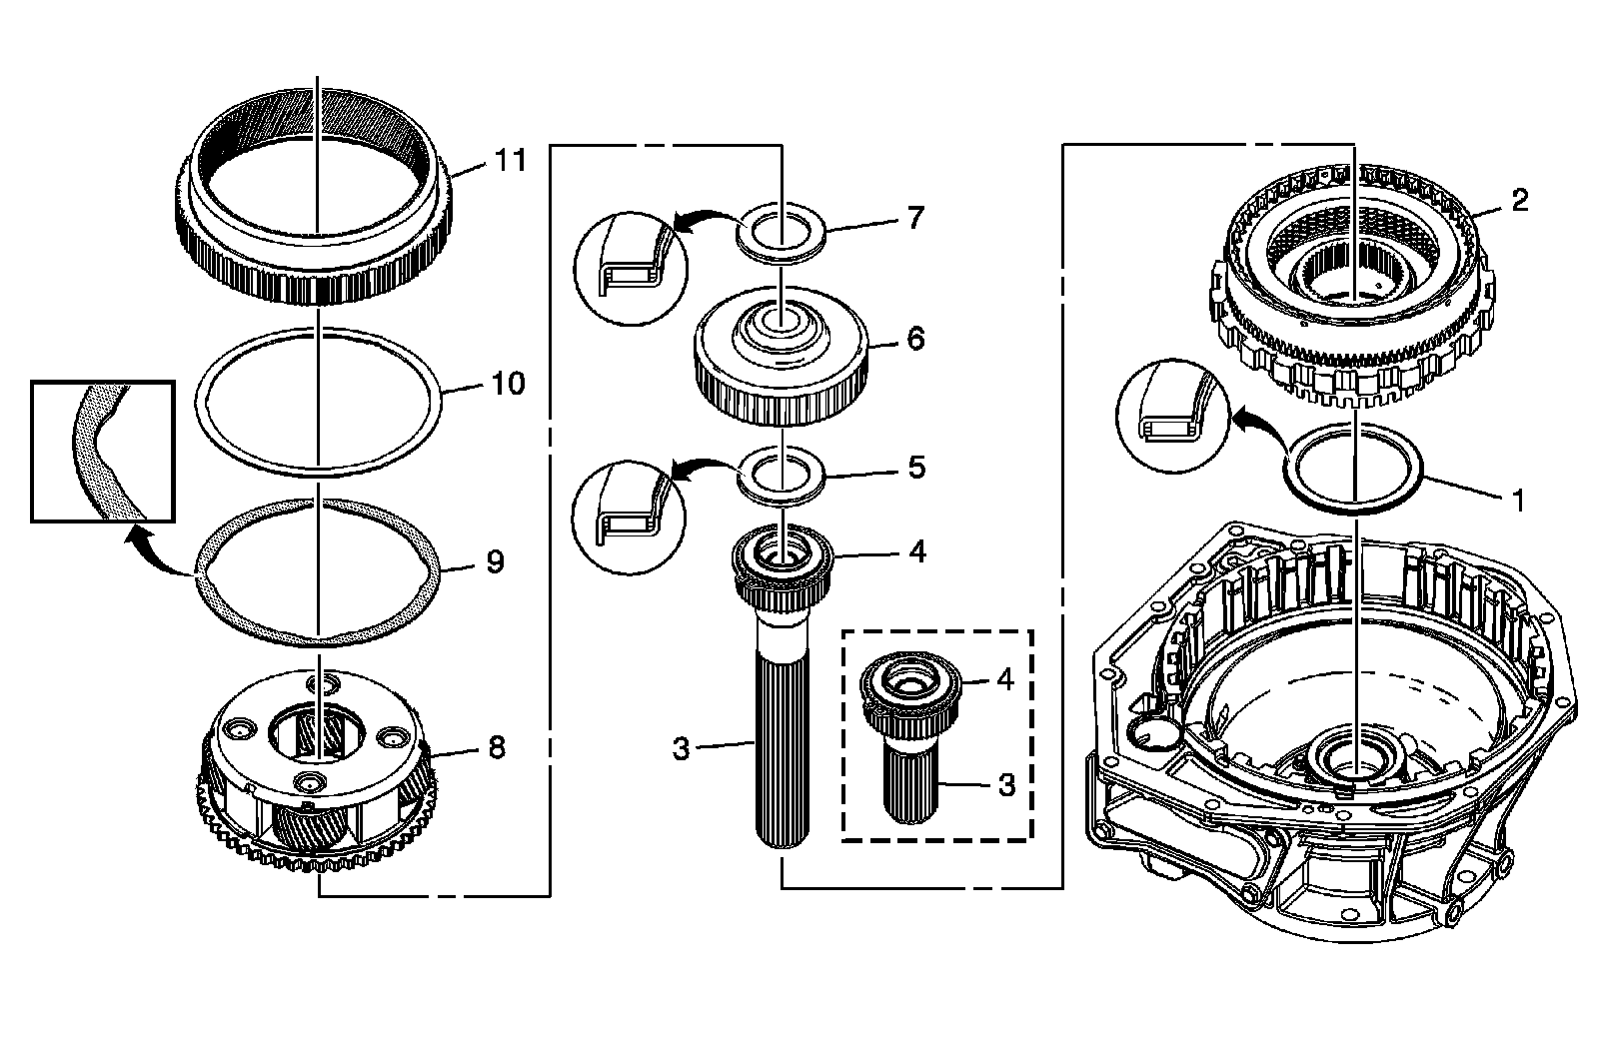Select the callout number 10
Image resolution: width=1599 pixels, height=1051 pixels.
(508, 383)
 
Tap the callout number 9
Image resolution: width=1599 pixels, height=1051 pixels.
(495, 561)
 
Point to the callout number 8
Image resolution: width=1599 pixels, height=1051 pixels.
(495, 747)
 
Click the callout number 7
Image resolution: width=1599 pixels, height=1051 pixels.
(915, 217)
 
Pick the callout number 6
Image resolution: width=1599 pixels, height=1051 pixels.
(915, 339)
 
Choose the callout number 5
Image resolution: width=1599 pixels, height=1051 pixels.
(915, 467)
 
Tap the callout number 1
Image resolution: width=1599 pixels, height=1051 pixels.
(1518, 500)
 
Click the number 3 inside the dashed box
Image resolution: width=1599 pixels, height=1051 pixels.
(1006, 784)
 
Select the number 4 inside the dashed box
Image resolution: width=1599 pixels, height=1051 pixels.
(1004, 679)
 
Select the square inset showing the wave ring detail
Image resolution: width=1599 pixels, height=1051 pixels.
(102, 451)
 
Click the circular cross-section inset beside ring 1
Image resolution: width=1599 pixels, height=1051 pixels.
(1175, 413)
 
